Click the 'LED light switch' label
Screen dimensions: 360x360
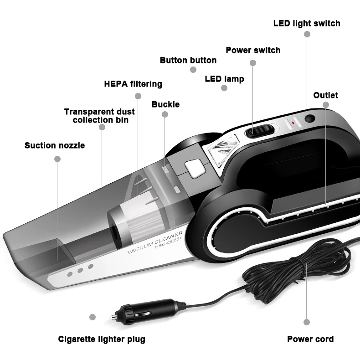(x=307, y=23)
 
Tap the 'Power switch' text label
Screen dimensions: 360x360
(x=253, y=50)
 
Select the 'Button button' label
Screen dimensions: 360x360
(x=188, y=60)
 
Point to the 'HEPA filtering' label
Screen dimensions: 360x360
(x=133, y=84)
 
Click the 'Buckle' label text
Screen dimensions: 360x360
(x=165, y=104)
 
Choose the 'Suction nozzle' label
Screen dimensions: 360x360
(x=55, y=145)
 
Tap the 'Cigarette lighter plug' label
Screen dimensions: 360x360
(x=102, y=339)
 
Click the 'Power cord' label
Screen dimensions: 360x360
(x=310, y=339)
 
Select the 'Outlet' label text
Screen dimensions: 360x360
(x=326, y=95)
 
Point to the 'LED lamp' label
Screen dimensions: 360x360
(x=224, y=79)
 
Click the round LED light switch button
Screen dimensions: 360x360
(x=310, y=119)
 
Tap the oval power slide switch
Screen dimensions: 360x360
(x=259, y=132)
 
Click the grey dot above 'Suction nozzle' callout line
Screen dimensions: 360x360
(x=57, y=159)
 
